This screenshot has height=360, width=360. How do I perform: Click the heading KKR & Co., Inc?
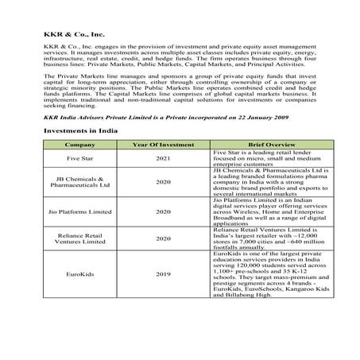point(74,35)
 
